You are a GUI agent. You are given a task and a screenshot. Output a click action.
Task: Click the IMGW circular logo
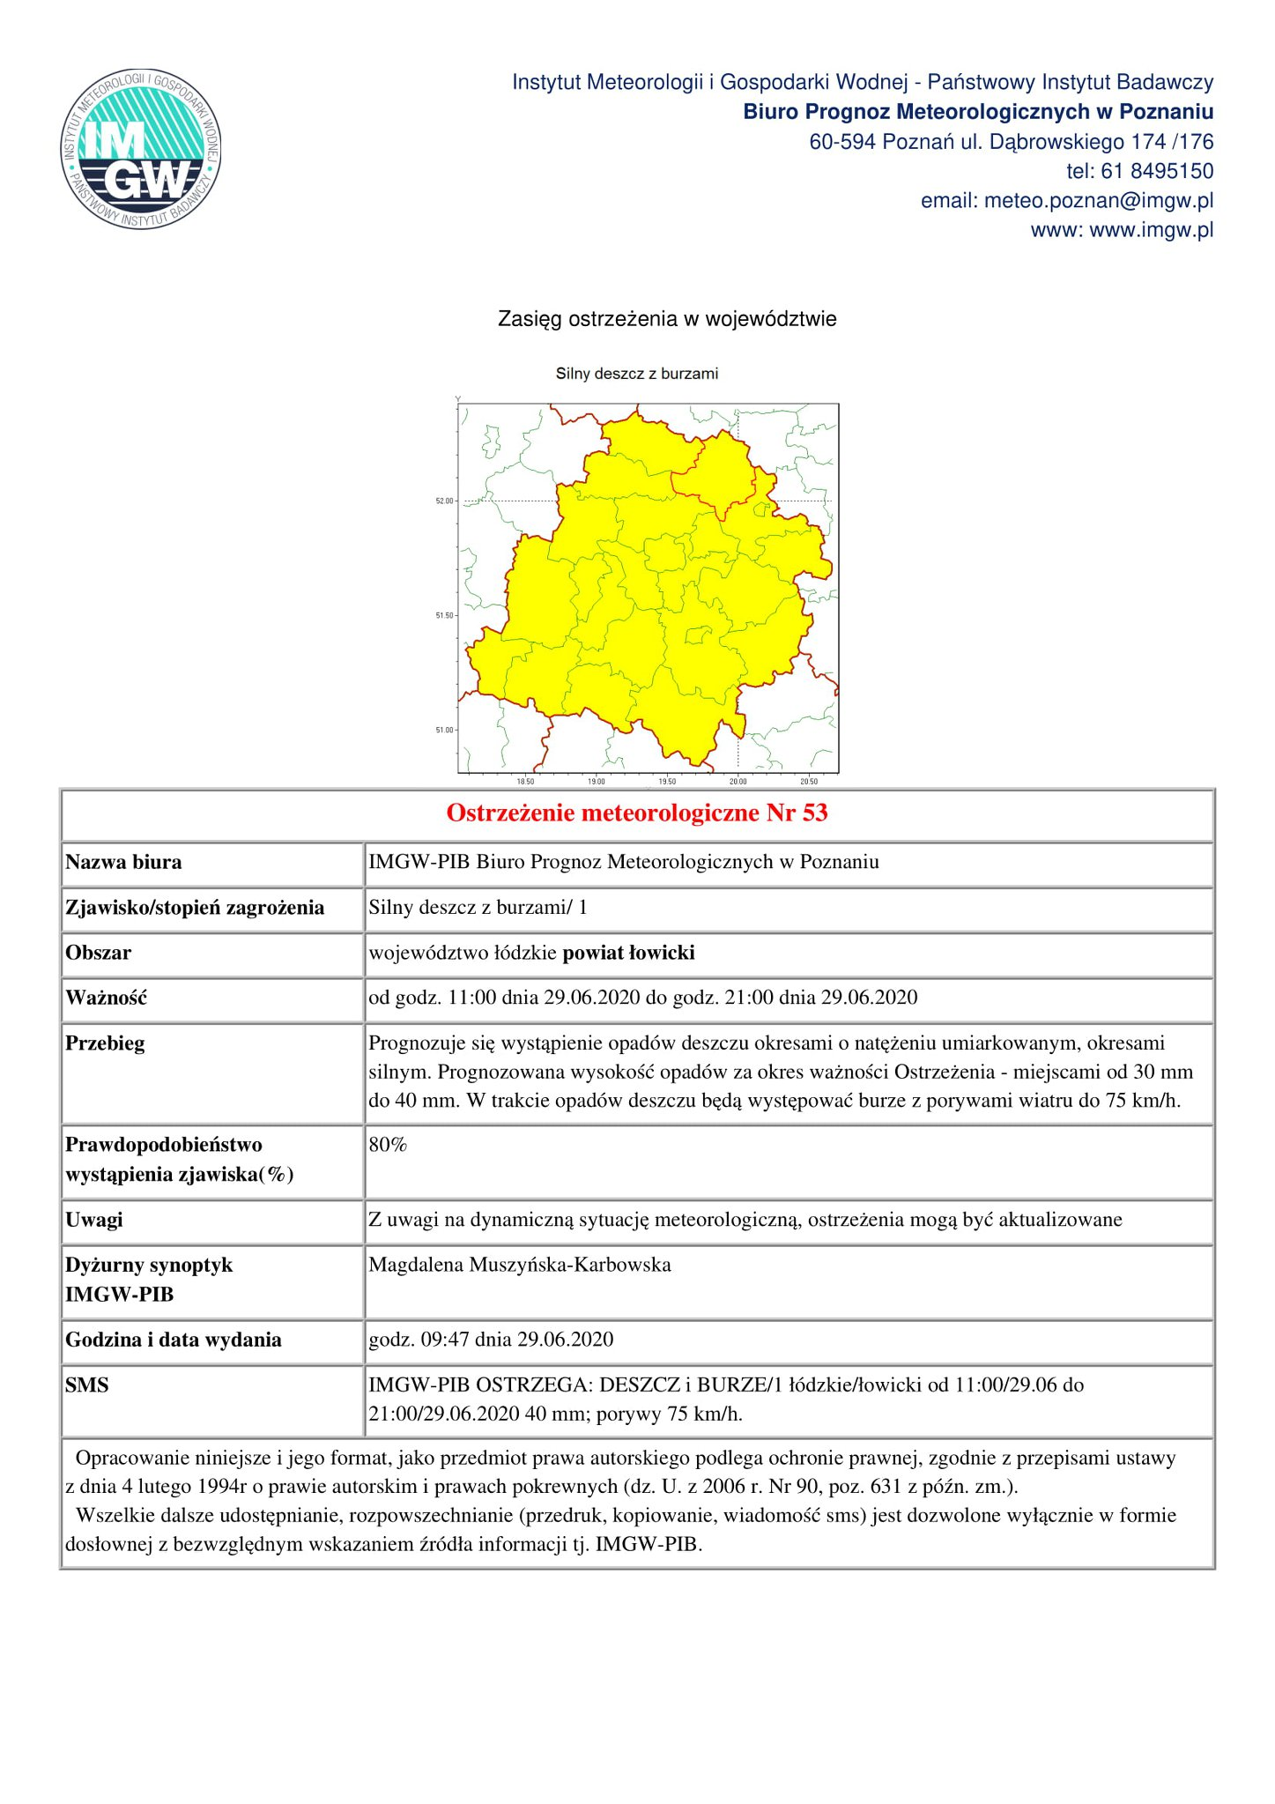coord(141,148)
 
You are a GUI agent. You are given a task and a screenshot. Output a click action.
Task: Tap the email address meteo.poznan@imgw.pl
coord(1098,201)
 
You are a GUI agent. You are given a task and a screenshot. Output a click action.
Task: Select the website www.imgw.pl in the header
coord(1151,230)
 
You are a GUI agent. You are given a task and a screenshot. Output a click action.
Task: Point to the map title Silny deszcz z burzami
coord(636,374)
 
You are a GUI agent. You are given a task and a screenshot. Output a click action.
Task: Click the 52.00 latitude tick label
coord(445,501)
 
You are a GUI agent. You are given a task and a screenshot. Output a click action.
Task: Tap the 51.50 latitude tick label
coord(445,616)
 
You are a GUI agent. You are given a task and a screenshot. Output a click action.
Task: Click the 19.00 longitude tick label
coord(597,782)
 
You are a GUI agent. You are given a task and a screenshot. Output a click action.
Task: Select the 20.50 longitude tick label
coord(808,782)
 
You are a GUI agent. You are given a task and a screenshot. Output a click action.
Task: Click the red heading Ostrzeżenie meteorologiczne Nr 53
coord(637,813)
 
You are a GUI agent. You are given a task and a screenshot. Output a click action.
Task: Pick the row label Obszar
coord(98,953)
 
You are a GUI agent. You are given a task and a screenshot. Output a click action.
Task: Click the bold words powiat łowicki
coord(628,953)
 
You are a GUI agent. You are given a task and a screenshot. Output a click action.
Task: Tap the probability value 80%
coord(388,1145)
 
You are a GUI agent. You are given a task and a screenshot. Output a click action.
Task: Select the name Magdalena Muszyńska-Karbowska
coord(520,1265)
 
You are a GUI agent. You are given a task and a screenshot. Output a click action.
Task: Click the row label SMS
coord(87,1385)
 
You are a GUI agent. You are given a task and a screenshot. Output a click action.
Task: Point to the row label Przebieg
coord(105,1043)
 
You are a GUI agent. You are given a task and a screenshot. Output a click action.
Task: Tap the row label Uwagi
coord(94,1220)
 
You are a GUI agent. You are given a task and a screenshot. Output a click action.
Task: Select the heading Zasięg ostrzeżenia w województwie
coord(667,319)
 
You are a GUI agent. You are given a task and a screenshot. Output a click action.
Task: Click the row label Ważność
coord(106,998)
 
